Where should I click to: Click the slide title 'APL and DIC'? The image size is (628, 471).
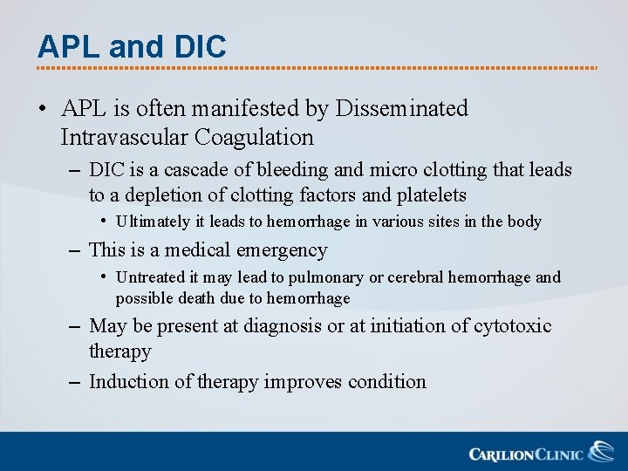(132, 46)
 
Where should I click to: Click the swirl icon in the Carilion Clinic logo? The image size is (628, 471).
(600, 452)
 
